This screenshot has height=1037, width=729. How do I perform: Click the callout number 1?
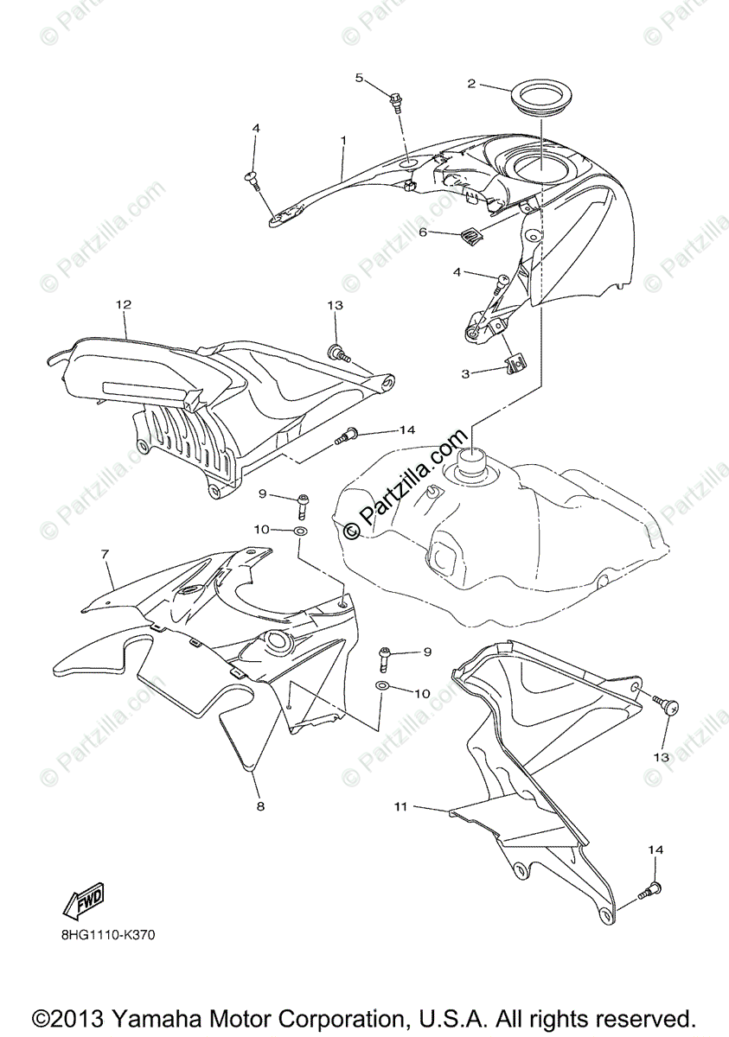[x=343, y=139]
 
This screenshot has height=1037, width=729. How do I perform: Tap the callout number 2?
[x=471, y=84]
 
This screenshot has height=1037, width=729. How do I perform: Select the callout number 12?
[x=124, y=304]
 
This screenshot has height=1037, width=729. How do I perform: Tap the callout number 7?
[x=105, y=552]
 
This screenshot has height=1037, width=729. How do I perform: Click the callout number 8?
[x=259, y=806]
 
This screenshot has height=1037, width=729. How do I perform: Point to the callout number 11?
[x=400, y=806]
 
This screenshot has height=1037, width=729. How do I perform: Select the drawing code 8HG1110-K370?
[x=108, y=934]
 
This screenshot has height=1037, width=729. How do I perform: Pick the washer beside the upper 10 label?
[x=300, y=530]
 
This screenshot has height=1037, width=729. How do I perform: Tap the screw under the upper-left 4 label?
[x=253, y=181]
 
